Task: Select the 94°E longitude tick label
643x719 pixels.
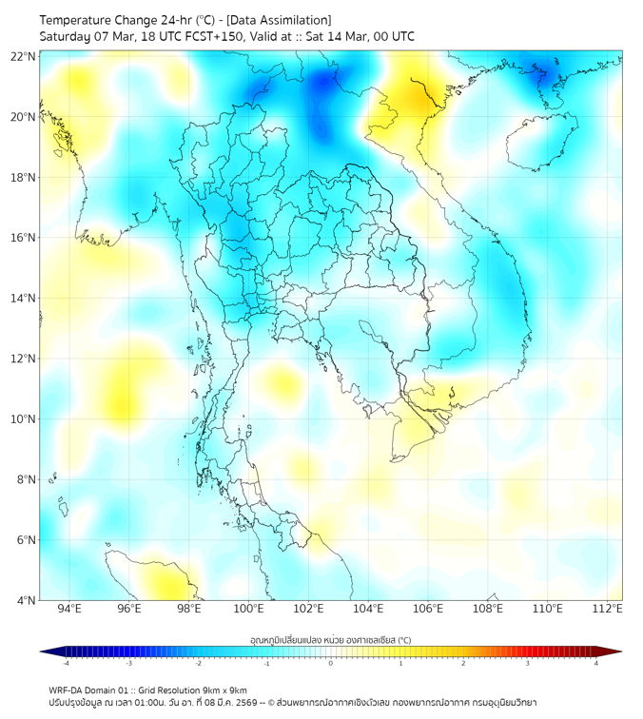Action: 69,609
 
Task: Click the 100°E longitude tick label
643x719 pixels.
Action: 248,609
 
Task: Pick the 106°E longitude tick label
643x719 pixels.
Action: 428,609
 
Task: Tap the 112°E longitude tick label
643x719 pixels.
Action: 607,609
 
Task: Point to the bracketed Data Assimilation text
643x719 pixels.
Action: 278,20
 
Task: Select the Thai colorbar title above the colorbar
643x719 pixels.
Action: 330,639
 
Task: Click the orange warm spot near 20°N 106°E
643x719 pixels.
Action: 417,95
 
